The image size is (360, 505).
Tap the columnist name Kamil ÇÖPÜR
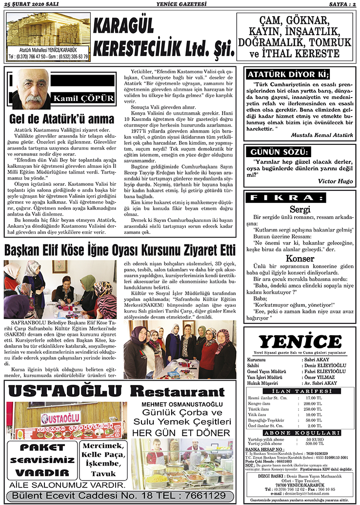[84, 98]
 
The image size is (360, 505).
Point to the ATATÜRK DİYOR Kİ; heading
[287, 75]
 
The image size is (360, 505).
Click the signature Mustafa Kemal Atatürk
[322, 134]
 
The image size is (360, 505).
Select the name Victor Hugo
[335, 181]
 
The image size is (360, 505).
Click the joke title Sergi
[300, 209]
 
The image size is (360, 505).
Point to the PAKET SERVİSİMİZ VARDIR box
[41, 459]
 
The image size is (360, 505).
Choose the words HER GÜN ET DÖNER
[181, 433]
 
